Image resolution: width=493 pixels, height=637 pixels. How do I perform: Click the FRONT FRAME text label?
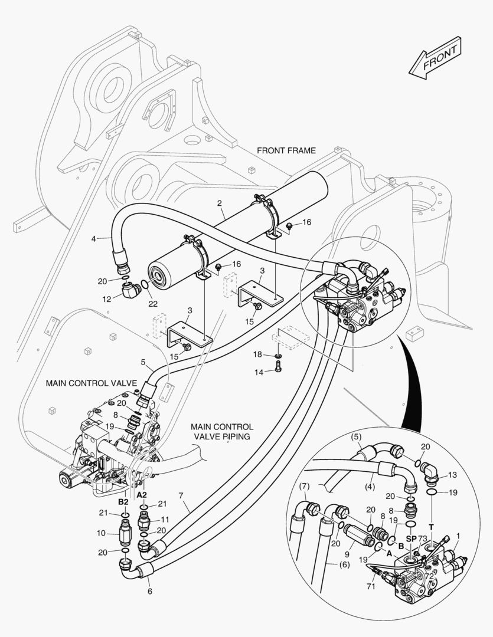pyautogui.click(x=286, y=151)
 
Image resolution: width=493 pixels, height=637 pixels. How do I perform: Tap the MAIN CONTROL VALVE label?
pyautogui.click(x=91, y=383)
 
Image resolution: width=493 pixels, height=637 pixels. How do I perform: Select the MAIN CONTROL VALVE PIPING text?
pyautogui.click(x=222, y=432)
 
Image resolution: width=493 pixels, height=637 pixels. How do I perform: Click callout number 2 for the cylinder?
pyautogui.click(x=219, y=203)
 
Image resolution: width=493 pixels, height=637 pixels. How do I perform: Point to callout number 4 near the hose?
pyautogui.click(x=93, y=239)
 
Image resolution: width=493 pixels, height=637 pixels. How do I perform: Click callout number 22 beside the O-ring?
pyautogui.click(x=152, y=304)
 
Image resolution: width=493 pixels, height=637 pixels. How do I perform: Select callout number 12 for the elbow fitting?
pyautogui.click(x=107, y=299)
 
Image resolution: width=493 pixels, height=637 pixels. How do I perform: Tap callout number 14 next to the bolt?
pyautogui.click(x=259, y=372)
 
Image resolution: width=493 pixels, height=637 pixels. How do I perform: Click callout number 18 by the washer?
pyautogui.click(x=257, y=354)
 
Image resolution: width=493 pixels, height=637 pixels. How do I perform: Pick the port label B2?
pyautogui.click(x=123, y=502)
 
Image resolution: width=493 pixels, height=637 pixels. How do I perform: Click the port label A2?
pyautogui.click(x=142, y=495)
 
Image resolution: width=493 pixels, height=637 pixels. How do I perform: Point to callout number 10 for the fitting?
pyautogui.click(x=101, y=533)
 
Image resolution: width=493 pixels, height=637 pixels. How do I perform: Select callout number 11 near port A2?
pyautogui.click(x=165, y=519)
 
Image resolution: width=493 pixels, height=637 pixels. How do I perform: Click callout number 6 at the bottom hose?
pyautogui.click(x=150, y=592)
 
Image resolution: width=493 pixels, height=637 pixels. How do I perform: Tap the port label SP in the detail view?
pyautogui.click(x=412, y=539)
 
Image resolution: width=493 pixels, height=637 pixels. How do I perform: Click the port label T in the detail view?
pyautogui.click(x=432, y=527)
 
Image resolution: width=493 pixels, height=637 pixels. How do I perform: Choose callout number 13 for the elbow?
pyautogui.click(x=452, y=475)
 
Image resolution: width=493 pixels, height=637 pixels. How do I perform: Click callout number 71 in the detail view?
pyautogui.click(x=371, y=586)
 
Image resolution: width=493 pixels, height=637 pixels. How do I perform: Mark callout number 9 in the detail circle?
pyautogui.click(x=347, y=554)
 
